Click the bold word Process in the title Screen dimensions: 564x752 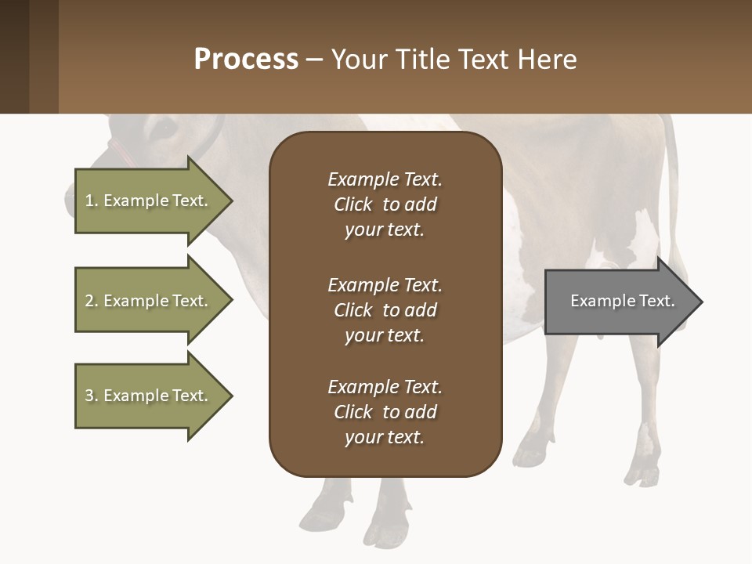pyautogui.click(x=246, y=60)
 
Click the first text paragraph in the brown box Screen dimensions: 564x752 pyautogui.click(x=385, y=204)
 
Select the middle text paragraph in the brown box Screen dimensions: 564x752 pyautogui.click(x=385, y=310)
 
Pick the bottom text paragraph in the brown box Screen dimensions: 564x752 pyautogui.click(x=385, y=412)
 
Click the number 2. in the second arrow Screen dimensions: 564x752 pyautogui.click(x=91, y=301)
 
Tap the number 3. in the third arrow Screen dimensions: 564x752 pyautogui.click(x=91, y=396)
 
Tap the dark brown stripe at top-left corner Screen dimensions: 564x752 pyautogui.click(x=14, y=56)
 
